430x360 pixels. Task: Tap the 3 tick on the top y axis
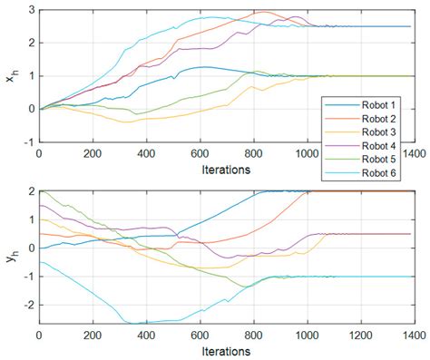(29, 10)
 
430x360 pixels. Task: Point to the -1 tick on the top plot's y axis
(26, 141)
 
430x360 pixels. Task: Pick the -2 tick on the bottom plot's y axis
(26, 305)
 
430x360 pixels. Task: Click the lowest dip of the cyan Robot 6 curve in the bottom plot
(133, 323)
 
